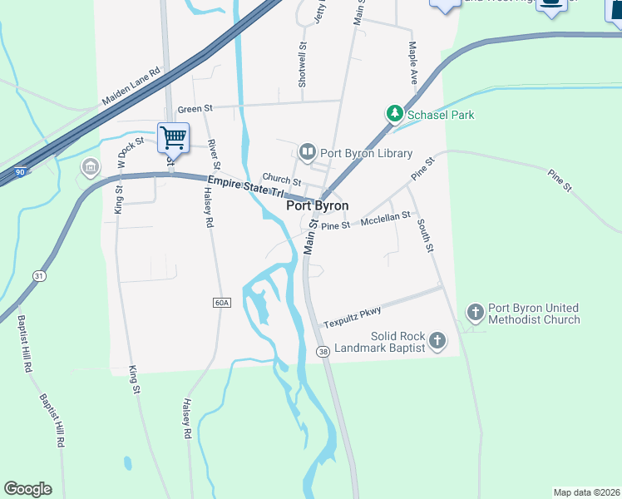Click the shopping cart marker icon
point(173,136)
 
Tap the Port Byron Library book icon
point(307,152)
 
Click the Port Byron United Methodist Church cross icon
point(475,314)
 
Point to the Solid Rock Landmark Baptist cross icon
point(437,340)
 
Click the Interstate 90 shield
point(20,172)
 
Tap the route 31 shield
point(39,275)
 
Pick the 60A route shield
point(220,302)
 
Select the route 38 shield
point(323,353)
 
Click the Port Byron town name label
point(317,205)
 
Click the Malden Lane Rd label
point(131,86)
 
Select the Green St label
point(195,109)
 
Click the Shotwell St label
point(303,66)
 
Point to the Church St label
point(281,179)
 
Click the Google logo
point(27,489)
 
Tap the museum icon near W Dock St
point(89,168)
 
